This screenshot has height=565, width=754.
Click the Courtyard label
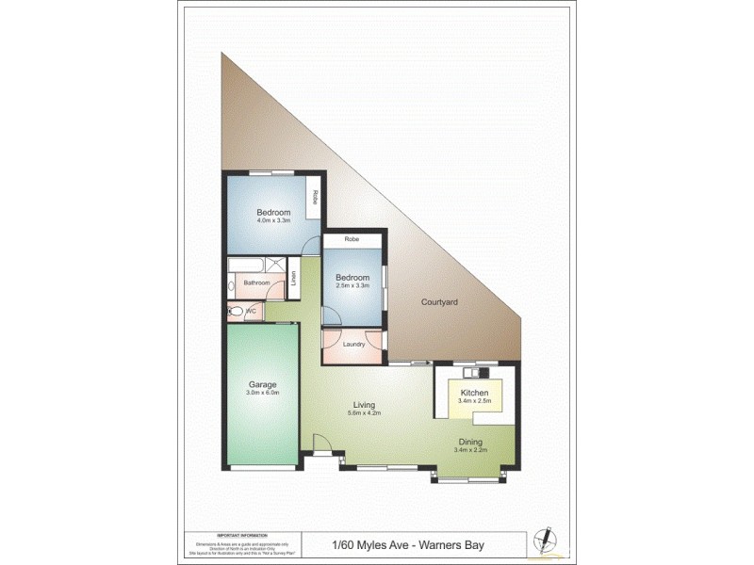pyautogui.click(x=438, y=302)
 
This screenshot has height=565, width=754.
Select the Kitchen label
pyautogui.click(x=473, y=392)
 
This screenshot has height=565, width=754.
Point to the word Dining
pyautogui.click(x=470, y=441)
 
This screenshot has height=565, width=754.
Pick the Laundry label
pyautogui.click(x=353, y=344)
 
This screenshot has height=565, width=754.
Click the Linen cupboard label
pyautogui.click(x=293, y=279)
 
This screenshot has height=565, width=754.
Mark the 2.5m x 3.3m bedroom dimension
pyautogui.click(x=352, y=286)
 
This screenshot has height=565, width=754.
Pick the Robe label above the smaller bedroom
pyautogui.click(x=352, y=240)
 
